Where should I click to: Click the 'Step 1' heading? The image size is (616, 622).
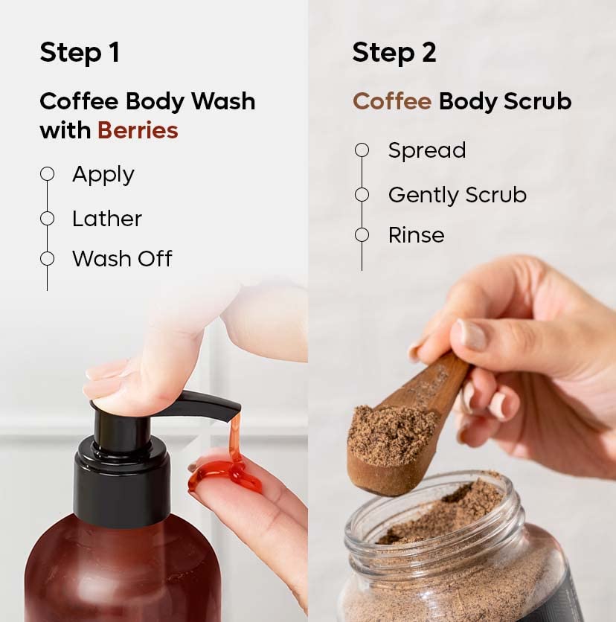80,53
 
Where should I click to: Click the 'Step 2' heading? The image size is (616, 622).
394,53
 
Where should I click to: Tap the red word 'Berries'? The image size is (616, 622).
138,130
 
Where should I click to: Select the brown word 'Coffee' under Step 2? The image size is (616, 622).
391,101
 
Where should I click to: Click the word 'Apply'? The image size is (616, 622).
103,174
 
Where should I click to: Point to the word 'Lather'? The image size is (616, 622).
106,218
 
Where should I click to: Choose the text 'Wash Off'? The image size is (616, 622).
122,258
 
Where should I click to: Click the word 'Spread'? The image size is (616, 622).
426,150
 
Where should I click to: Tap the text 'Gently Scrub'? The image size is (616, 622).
457,195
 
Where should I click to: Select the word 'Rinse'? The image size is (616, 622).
416,235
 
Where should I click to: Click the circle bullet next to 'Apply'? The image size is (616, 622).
48,174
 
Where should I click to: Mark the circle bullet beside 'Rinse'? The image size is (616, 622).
362,235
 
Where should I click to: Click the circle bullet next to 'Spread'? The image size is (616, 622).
362,150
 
